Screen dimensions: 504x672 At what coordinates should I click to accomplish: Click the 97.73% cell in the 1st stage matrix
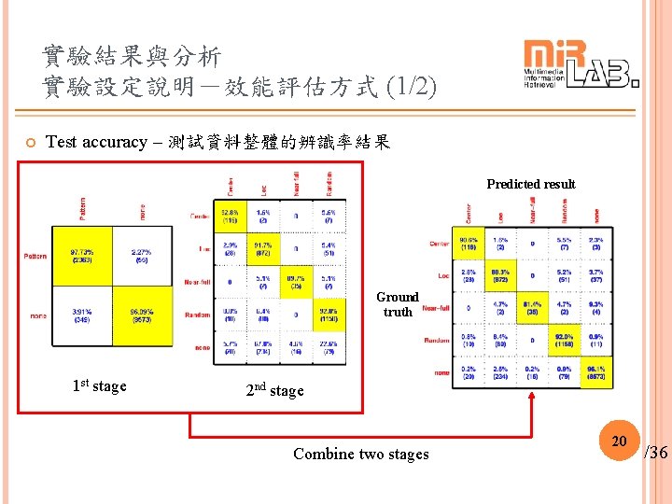[x=81, y=255]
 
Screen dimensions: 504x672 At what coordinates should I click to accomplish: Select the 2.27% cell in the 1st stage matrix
[x=141, y=255]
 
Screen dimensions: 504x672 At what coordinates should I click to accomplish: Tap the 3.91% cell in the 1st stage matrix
[x=81, y=315]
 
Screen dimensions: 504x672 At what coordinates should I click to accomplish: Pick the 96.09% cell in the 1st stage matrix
[x=141, y=315]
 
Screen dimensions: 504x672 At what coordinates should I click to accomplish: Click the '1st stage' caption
[x=99, y=385]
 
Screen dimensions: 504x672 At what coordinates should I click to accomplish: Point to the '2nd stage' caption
[x=274, y=390]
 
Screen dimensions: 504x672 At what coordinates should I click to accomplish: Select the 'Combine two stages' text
[x=361, y=455]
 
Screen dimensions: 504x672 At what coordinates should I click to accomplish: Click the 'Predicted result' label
[x=530, y=184]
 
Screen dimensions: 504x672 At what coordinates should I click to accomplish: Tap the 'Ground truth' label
[x=398, y=304]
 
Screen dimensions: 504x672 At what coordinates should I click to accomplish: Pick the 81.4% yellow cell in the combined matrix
[x=532, y=308]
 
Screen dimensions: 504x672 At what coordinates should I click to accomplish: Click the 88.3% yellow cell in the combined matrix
[x=500, y=276]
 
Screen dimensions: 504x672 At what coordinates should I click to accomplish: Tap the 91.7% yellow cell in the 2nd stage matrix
[x=263, y=248]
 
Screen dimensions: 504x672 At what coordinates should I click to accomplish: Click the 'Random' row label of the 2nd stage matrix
[x=197, y=315]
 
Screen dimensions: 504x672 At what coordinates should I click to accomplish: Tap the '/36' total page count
[x=656, y=453]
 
